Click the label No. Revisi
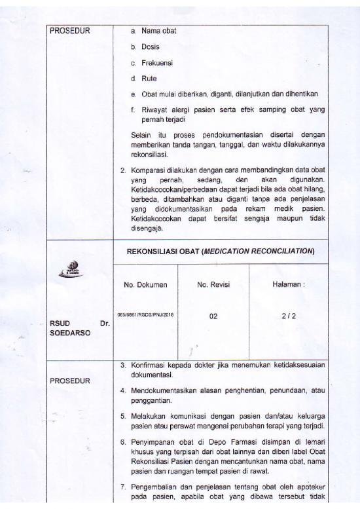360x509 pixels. pos(213,285)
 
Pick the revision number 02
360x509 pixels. pos(213,316)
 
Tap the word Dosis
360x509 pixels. pos(150,47)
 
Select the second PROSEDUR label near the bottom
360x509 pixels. pos(70,380)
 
